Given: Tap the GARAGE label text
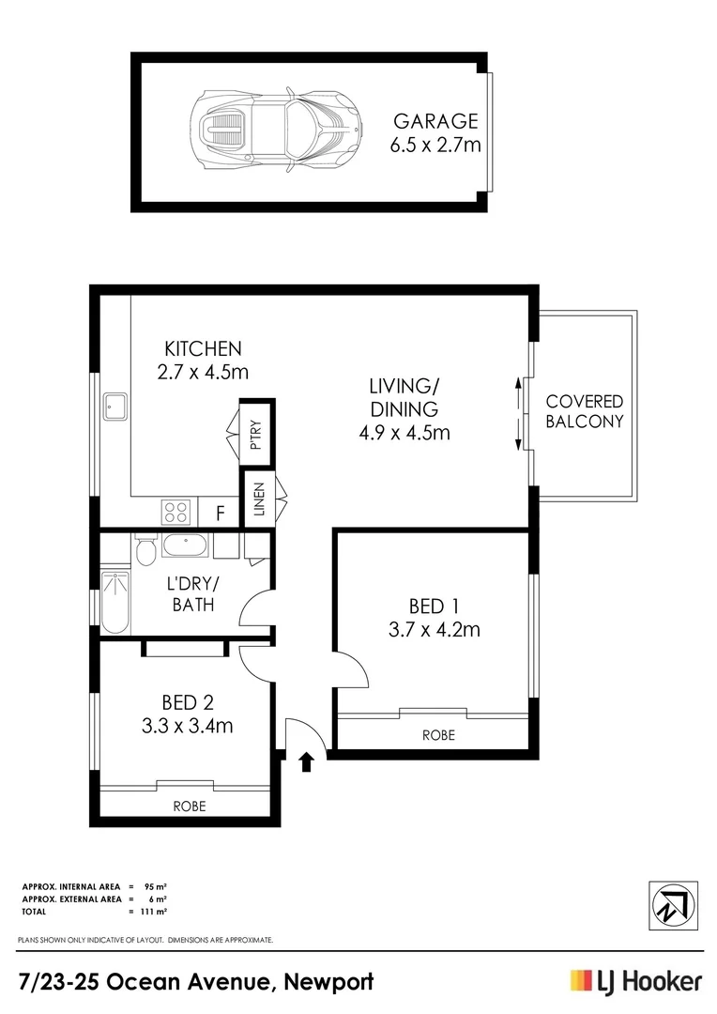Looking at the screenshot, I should (x=435, y=121).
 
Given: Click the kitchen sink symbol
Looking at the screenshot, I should (x=116, y=407).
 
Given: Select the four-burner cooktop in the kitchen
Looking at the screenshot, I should (x=176, y=512).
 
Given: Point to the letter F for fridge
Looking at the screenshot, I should (x=221, y=513).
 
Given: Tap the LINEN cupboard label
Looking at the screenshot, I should (x=257, y=500).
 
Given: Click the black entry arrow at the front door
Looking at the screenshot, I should (x=305, y=760).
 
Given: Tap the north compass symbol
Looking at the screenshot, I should (x=672, y=903).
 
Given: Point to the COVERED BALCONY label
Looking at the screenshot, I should (x=585, y=411).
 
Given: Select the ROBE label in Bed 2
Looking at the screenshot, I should (x=189, y=806).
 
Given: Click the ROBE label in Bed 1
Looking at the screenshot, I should (x=438, y=735).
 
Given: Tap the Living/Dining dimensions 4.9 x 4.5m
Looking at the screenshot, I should (x=404, y=433).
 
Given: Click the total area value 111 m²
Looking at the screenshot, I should (x=156, y=911).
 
